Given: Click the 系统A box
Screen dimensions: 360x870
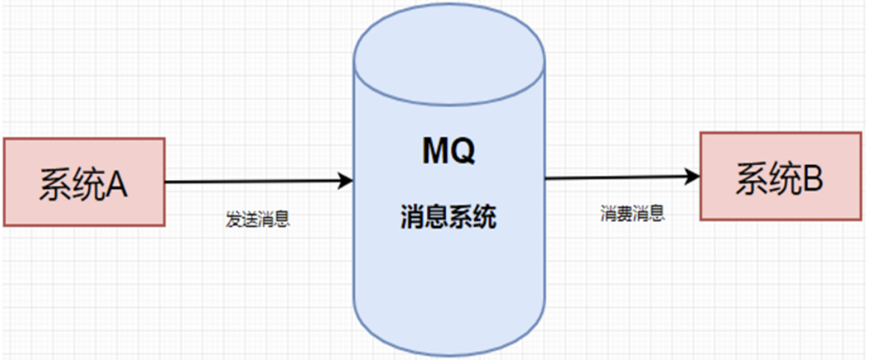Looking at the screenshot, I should pyautogui.click(x=84, y=181).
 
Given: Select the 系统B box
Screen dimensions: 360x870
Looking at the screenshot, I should pyautogui.click(x=779, y=176).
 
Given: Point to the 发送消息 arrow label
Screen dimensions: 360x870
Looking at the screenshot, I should pyautogui.click(x=258, y=220).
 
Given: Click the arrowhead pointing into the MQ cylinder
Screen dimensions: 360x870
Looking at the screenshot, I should pyautogui.click(x=346, y=180).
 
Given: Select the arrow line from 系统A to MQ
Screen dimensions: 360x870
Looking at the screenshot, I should pyautogui.click(x=254, y=181).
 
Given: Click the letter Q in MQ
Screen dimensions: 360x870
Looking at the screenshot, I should pyautogui.click(x=462, y=152).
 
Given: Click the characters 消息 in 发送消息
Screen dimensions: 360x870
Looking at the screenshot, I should pyautogui.click(x=273, y=220).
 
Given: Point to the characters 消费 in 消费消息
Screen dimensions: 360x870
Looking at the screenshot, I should pyautogui.click(x=617, y=214).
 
